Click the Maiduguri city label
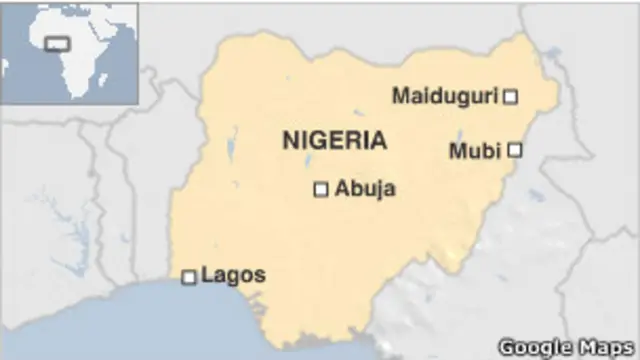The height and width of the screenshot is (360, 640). point(445,96)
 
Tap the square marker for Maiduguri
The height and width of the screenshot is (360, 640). point(510,96)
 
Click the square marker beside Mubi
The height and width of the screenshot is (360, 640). point(514,150)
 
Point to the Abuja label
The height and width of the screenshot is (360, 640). point(365,188)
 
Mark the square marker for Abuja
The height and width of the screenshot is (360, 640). point(321,189)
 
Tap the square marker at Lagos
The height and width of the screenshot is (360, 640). point(188,276)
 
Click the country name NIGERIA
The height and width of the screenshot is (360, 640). point(334,140)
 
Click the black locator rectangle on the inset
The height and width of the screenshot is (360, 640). point(58,44)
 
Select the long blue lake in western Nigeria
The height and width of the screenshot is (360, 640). point(231,150)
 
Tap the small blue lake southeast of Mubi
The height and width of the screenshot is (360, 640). point(537,195)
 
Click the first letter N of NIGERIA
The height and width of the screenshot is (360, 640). point(289,140)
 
